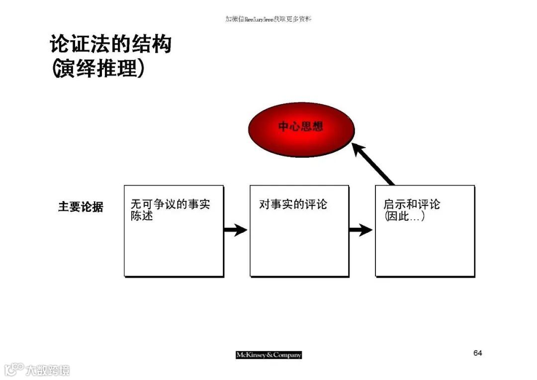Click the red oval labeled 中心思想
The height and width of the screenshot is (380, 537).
[301, 129]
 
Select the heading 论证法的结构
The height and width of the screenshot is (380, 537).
[110, 44]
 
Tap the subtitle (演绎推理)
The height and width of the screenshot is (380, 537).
[98, 69]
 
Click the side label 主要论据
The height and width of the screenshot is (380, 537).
[81, 207]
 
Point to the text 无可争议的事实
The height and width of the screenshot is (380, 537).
[170, 204]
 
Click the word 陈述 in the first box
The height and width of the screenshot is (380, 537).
[142, 217]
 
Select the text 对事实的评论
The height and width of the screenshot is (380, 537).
[293, 204]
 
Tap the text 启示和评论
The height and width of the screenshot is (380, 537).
[412, 204]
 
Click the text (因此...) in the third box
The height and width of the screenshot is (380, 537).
[405, 217]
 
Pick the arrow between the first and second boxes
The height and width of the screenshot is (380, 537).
[236, 230]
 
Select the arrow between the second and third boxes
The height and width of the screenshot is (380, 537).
[361, 230]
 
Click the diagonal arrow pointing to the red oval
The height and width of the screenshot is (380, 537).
[374, 164]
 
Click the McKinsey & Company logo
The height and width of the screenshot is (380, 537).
[268, 355]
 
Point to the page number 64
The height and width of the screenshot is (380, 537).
[477, 353]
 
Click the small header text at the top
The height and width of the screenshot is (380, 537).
[268, 19]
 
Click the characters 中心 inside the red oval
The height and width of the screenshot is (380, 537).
[289, 126]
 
